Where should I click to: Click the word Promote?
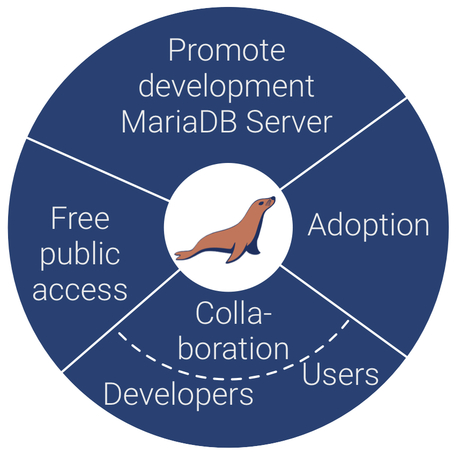tap(226, 51)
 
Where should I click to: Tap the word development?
tap(226, 87)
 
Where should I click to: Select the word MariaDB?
tap(173, 122)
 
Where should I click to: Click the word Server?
tap(289, 122)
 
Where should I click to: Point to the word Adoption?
tap(368, 226)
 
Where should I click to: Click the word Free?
tap(80, 219)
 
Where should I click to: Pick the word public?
tap(80, 254)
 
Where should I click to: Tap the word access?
tap(80, 289)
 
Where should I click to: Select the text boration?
tap(233, 348)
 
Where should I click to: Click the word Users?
tap(340, 374)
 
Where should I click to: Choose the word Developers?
tap(178, 395)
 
